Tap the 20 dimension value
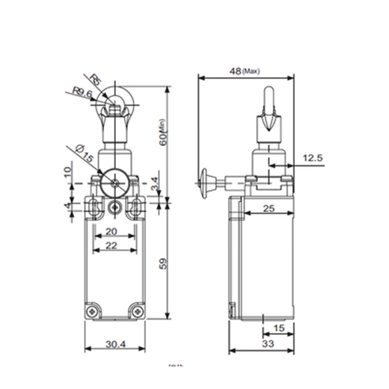coord(111,231)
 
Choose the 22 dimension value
coord(111,246)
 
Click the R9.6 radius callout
coord(82,94)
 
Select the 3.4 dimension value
coord(154,181)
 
